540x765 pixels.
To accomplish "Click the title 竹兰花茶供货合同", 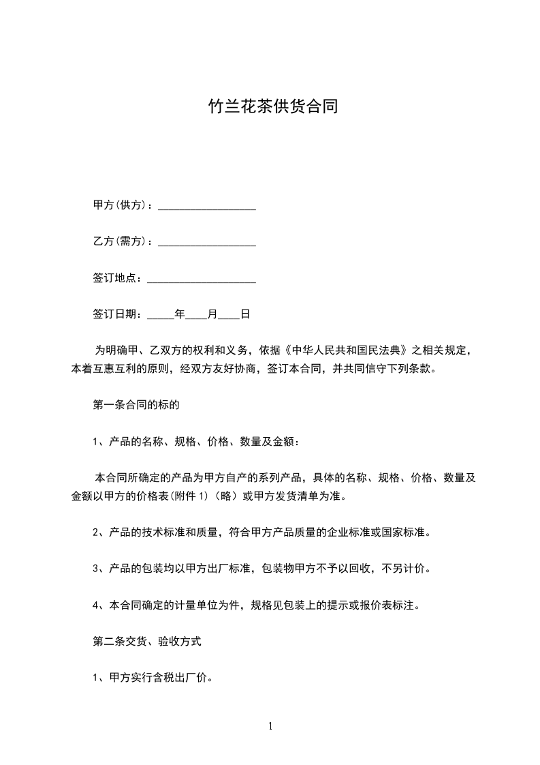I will coord(272,108).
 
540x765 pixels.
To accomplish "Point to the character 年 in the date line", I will coord(180,314).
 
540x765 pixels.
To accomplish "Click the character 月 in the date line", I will coord(212,314).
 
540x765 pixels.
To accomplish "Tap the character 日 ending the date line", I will coord(245,314).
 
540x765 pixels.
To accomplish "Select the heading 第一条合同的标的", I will coord(136,405).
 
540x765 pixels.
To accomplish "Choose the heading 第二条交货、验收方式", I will coord(146,642).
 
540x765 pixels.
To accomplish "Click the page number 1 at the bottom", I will coord(270,726).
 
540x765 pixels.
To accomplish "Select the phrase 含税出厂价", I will coord(182,678).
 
